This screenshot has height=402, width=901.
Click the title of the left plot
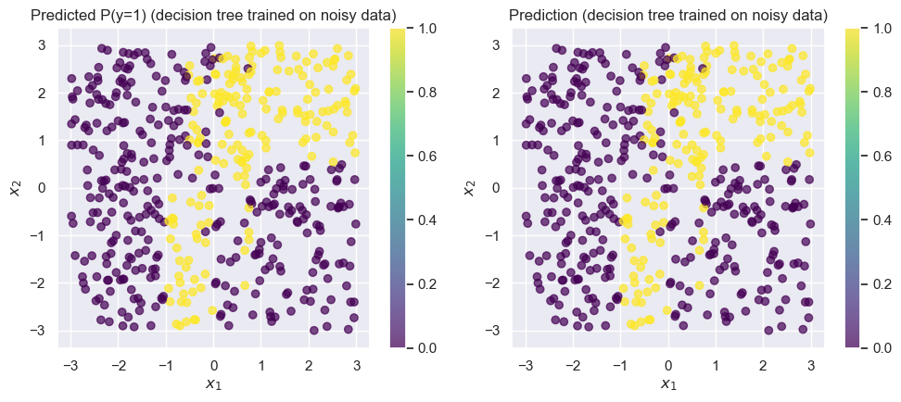pos(213,16)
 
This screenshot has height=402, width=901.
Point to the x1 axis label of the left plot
pos(213,383)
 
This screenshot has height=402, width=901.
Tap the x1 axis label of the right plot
pos(667,383)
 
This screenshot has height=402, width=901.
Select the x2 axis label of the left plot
pos(16,188)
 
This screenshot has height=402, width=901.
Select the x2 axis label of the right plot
pos(470,188)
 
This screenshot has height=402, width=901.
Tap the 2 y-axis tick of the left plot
pos(42,93)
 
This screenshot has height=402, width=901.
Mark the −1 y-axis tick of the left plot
pos(38,235)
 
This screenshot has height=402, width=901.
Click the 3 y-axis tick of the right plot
pos(496,44)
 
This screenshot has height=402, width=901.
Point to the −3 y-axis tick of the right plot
pos(492,331)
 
